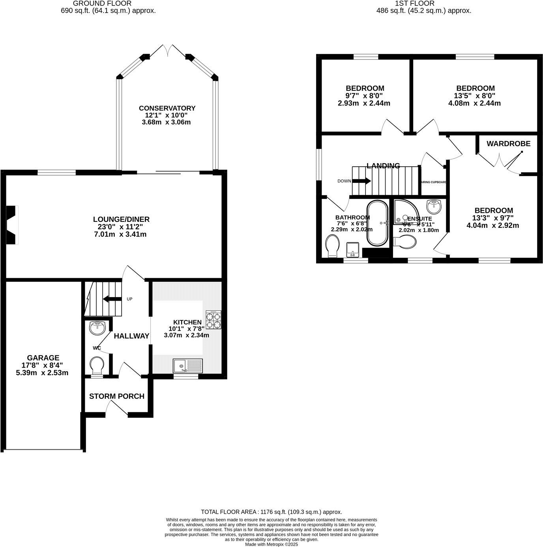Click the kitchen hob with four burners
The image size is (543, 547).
213,320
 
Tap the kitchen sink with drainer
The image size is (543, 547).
187,366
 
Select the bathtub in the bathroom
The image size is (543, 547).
377,223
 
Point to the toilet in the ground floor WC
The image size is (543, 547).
96,366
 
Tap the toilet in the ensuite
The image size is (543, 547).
405,242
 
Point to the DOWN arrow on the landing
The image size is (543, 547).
361,181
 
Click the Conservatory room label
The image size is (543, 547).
167,108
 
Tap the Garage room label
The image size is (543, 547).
43,358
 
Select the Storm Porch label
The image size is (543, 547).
117,396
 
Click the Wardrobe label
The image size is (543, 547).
508,143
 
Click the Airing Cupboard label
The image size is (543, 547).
434,182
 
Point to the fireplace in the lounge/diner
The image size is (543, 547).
12,225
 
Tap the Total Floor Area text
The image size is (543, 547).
271,512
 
